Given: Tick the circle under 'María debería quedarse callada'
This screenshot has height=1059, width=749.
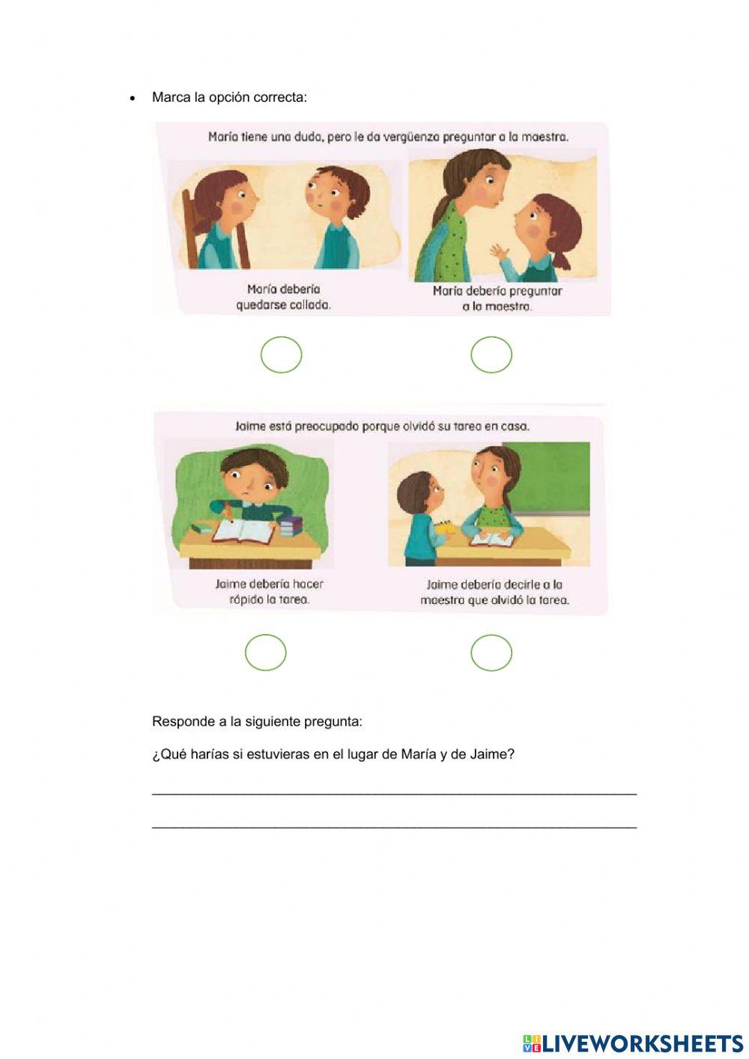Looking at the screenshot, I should (281, 355).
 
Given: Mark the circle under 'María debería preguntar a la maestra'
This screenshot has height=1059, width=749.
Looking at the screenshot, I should (491, 354).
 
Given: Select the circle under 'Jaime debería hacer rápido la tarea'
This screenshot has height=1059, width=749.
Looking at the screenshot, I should (266, 653).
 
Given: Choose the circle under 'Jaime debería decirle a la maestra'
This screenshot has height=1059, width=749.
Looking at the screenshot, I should (491, 653).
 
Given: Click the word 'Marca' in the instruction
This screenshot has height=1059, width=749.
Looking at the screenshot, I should (170, 97).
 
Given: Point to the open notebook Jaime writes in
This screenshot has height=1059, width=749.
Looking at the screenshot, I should (243, 531).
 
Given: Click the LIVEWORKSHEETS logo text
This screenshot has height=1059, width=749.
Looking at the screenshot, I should (642, 1043).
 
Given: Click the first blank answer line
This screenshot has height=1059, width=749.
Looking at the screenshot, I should (394, 791).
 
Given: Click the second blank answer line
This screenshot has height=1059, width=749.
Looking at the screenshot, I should (394, 826).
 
